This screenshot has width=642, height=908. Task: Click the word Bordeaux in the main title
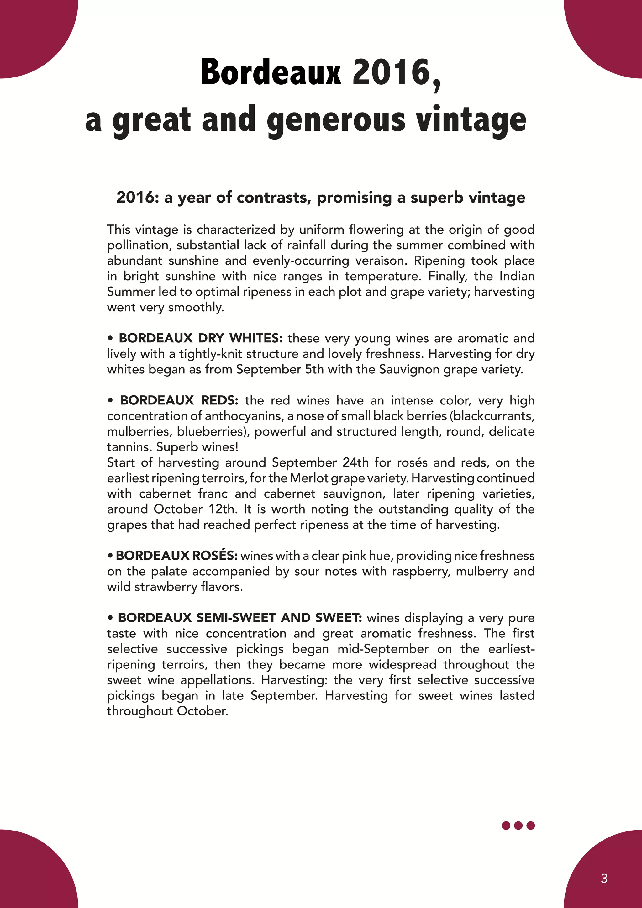tap(271, 72)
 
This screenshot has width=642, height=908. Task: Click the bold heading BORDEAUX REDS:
tap(179, 400)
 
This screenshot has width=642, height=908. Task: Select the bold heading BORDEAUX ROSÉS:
tap(176, 556)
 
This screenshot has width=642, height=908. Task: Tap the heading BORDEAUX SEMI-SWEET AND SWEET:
tap(239, 618)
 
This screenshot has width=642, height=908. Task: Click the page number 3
tap(604, 878)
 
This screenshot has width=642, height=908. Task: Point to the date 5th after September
tap(315, 369)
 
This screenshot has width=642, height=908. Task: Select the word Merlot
tap(309, 478)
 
